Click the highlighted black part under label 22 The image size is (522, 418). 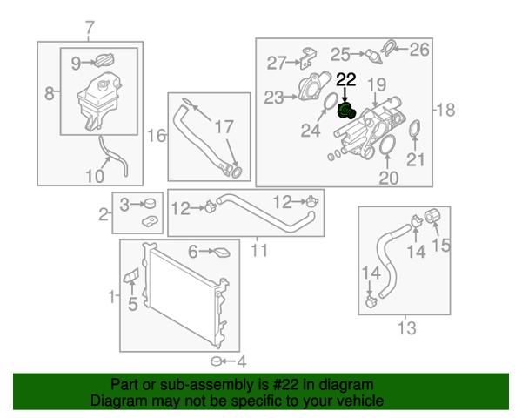(346, 111)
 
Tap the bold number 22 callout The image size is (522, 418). (346, 80)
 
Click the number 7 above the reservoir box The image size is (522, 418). (90, 28)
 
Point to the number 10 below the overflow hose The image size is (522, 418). (95, 176)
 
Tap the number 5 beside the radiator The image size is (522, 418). (133, 304)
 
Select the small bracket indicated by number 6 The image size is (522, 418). (221, 253)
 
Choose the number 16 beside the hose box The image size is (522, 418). (157, 136)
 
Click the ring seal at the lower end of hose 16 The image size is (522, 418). (237, 172)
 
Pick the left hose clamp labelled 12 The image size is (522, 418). (211, 206)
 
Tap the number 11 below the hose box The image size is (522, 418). (259, 250)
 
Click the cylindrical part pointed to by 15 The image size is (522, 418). (432, 215)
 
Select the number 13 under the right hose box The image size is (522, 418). (407, 328)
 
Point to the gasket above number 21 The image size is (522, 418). (414, 129)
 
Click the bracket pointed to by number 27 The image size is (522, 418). (307, 58)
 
